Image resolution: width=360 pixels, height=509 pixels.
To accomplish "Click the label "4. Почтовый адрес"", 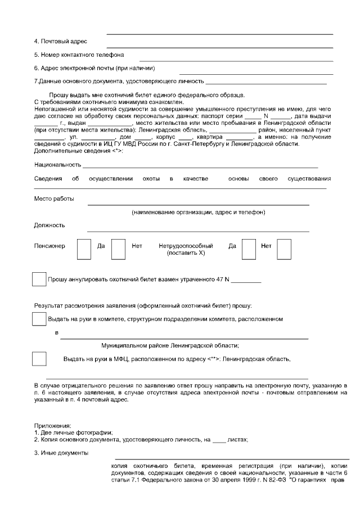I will click(x=60, y=42).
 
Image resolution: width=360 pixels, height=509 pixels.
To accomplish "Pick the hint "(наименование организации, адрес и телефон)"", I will click(x=199, y=213).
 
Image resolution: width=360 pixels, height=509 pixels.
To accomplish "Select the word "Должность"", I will click(x=49, y=226).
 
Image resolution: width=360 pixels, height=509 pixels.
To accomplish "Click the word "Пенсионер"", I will click(x=49, y=246).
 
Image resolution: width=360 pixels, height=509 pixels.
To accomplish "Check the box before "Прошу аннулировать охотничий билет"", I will click(x=39, y=279).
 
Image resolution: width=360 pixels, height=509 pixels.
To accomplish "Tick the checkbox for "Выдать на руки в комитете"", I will click(x=39, y=318).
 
